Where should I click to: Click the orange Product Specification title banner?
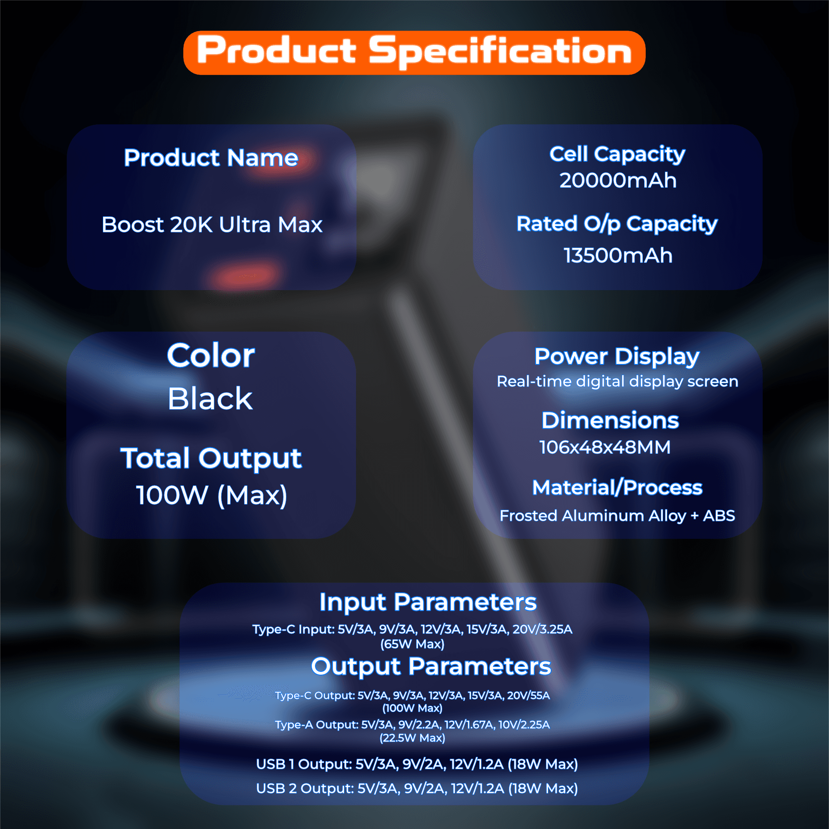(x=414, y=52)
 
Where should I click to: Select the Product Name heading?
(x=211, y=158)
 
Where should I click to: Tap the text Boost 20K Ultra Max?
(x=212, y=224)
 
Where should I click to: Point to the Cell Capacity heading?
(x=617, y=154)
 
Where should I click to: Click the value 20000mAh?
(x=618, y=180)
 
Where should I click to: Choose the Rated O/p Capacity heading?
(x=617, y=224)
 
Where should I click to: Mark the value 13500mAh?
(x=618, y=255)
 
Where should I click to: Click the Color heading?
(x=211, y=356)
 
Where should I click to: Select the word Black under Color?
(x=210, y=399)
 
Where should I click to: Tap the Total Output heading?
(x=211, y=458)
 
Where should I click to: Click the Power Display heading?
(x=617, y=356)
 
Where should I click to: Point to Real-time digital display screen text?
(x=618, y=381)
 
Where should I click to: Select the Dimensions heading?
(x=610, y=420)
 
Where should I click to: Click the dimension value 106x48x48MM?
(x=605, y=447)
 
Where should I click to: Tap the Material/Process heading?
(x=617, y=487)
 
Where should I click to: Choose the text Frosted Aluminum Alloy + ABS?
(x=617, y=515)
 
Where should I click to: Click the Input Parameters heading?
(x=428, y=602)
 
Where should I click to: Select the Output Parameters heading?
(x=431, y=667)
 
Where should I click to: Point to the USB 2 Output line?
(x=417, y=788)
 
